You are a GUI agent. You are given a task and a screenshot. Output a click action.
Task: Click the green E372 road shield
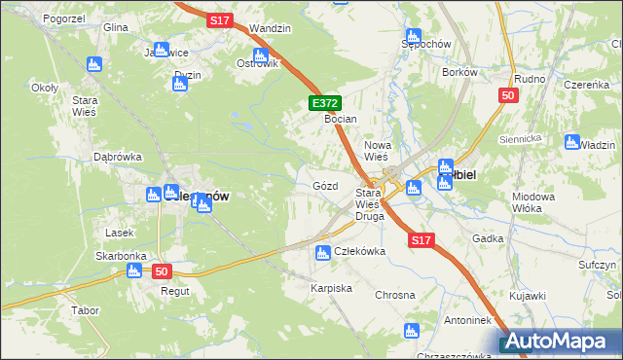tap(325, 102)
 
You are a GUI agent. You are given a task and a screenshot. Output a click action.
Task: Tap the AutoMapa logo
tap(560, 342)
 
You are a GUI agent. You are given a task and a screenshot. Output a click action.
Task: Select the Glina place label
tap(116, 28)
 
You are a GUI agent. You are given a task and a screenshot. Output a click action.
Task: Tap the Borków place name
tap(458, 72)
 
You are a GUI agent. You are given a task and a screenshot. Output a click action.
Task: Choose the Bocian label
tap(341, 119)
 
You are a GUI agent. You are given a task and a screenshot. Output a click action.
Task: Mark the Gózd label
tap(325, 185)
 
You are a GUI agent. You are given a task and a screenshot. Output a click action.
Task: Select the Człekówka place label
tap(360, 251)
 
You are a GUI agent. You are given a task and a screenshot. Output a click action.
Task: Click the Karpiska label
tap(331, 289)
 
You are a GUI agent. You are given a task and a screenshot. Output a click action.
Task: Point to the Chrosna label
tap(395, 295)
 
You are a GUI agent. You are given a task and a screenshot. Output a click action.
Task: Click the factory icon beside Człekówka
tap(322, 254)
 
